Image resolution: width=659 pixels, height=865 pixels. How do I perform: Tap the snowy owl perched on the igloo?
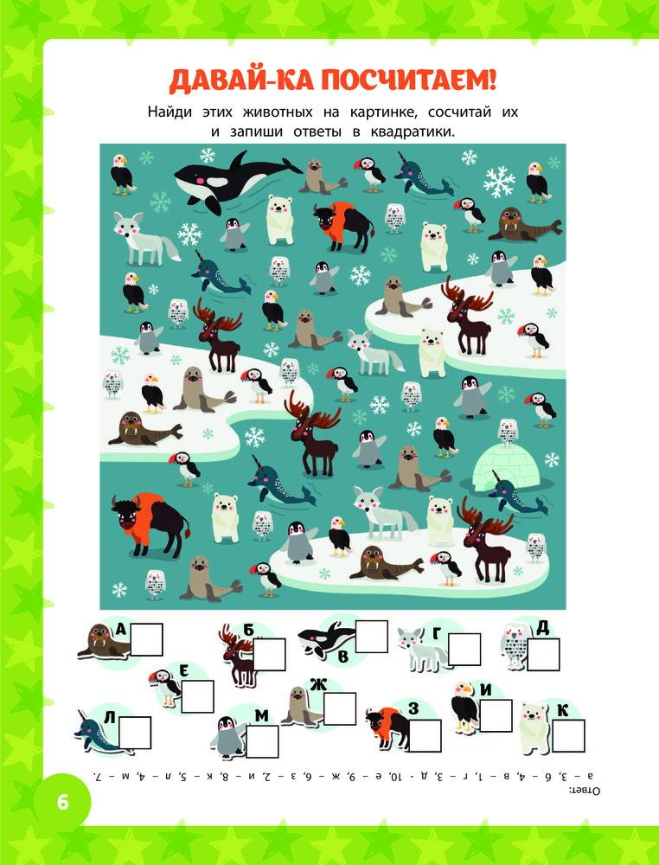tap(508, 430)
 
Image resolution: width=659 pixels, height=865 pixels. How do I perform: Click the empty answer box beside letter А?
tap(146, 639)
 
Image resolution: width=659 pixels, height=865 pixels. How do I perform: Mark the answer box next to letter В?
tap(371, 636)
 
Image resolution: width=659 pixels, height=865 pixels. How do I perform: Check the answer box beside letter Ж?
tap(340, 708)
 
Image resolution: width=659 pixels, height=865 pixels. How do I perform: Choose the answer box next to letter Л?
tap(135, 732)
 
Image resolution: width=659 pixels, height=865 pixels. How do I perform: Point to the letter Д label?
tap(542, 627)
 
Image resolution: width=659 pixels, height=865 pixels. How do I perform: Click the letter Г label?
tap(436, 634)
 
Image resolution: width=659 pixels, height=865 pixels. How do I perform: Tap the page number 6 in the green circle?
tap(62, 802)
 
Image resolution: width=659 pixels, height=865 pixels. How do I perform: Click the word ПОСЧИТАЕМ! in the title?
tap(409, 80)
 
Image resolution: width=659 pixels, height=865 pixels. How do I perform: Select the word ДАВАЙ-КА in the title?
tap(240, 80)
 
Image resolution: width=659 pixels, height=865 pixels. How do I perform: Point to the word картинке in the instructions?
tap(380, 112)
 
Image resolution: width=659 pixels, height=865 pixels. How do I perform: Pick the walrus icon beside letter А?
tap(103, 642)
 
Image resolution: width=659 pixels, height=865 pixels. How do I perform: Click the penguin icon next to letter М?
tap(227, 737)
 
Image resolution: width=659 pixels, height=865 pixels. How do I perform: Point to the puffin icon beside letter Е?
tap(167, 686)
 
